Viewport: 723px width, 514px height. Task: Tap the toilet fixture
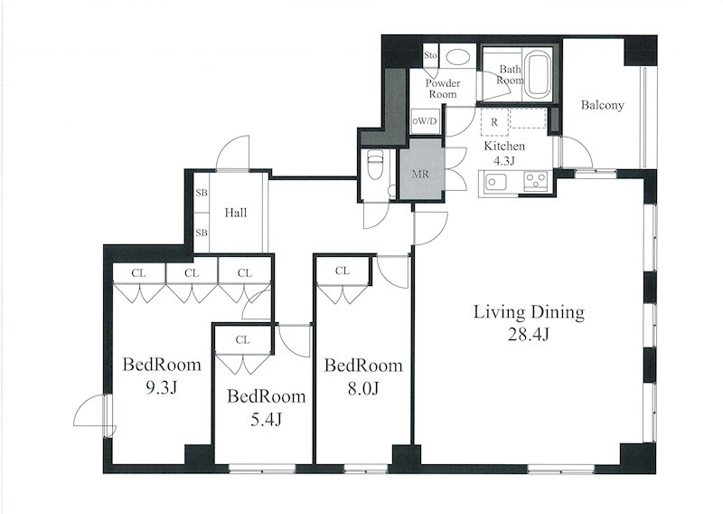(374, 165)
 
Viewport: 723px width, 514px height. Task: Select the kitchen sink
(494, 181)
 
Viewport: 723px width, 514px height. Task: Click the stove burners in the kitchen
(535, 180)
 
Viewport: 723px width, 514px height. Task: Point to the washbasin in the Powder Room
(457, 57)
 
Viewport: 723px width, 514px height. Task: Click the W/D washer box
(425, 121)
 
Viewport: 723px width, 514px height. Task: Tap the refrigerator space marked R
(494, 122)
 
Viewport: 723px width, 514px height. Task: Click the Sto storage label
(430, 55)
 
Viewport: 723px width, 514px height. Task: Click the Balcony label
(602, 105)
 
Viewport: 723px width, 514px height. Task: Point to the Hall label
(236, 213)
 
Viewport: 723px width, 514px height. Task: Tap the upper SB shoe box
(202, 193)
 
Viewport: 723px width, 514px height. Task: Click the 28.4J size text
(529, 334)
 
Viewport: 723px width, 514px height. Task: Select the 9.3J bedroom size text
(162, 388)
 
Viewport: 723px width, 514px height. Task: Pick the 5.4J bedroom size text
(266, 419)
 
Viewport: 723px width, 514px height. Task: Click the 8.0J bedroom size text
(363, 389)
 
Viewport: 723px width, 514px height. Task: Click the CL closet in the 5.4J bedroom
(242, 340)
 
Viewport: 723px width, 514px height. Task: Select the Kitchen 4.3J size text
(504, 161)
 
